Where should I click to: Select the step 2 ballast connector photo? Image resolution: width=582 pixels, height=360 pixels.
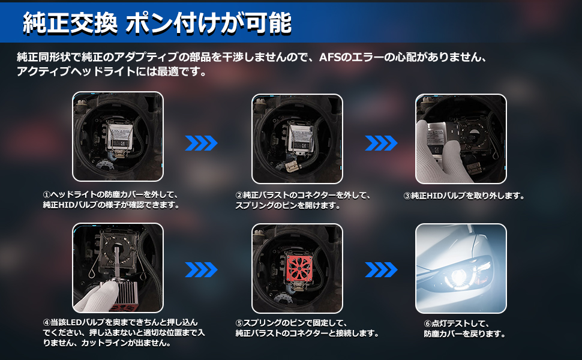pyautogui.click(x=297, y=139)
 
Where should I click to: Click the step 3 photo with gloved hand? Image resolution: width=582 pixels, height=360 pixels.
pyautogui.click(x=461, y=139)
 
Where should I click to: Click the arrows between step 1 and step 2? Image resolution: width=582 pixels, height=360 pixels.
pyautogui.click(x=201, y=143)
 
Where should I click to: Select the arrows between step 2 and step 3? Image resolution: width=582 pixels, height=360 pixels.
pyautogui.click(x=381, y=143)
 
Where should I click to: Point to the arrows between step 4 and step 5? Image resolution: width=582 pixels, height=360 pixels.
pyautogui.click(x=201, y=270)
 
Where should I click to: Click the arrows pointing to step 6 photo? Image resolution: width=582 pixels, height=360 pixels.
pyautogui.click(x=381, y=270)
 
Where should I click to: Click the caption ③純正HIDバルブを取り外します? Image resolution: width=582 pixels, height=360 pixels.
pyautogui.click(x=464, y=196)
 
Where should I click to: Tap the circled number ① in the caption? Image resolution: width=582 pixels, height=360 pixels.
pyautogui.click(x=47, y=195)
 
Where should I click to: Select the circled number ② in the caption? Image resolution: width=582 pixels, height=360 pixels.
pyautogui.click(x=239, y=195)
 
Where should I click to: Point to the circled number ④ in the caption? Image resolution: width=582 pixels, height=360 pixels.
pyautogui.click(x=47, y=322)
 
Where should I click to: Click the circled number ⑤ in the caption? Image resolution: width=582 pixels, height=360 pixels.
pyautogui.click(x=239, y=323)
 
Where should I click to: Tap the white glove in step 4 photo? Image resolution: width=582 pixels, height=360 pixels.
pyautogui.click(x=96, y=297)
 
